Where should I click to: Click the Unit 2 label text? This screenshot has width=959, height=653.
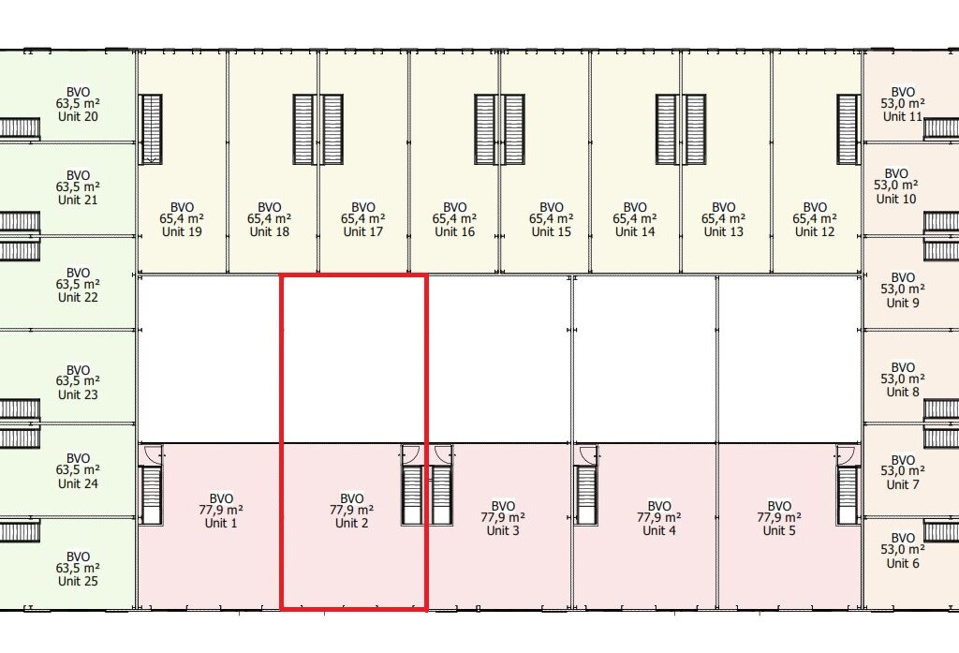pos(351,524)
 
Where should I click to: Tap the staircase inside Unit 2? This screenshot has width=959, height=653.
pos(412,496)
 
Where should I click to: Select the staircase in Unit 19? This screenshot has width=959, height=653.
pos(151,129)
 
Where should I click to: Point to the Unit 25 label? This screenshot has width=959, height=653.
pos(79,581)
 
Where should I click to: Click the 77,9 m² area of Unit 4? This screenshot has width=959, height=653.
pos(659,518)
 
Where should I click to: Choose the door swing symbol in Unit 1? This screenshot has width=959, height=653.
pos(150,453)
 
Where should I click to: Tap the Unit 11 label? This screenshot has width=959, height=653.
pos(903,116)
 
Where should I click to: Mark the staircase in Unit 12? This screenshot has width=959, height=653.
pos(848,129)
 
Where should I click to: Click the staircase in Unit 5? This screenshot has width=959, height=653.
pos(848,496)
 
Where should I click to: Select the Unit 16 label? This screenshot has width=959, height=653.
pos(454,231)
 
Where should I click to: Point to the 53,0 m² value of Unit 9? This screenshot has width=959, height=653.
pos(903,290)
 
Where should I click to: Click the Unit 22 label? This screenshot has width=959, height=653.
pos(79,297)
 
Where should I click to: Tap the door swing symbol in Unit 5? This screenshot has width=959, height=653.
pos(846,453)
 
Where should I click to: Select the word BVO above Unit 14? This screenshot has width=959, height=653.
pos(635,207)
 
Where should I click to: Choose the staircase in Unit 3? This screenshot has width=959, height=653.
pos(441,496)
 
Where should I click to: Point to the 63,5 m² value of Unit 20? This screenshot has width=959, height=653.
pos(79,104)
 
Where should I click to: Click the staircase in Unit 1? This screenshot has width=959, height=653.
pos(151,496)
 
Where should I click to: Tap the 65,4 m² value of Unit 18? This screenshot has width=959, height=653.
pos(270,219)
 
